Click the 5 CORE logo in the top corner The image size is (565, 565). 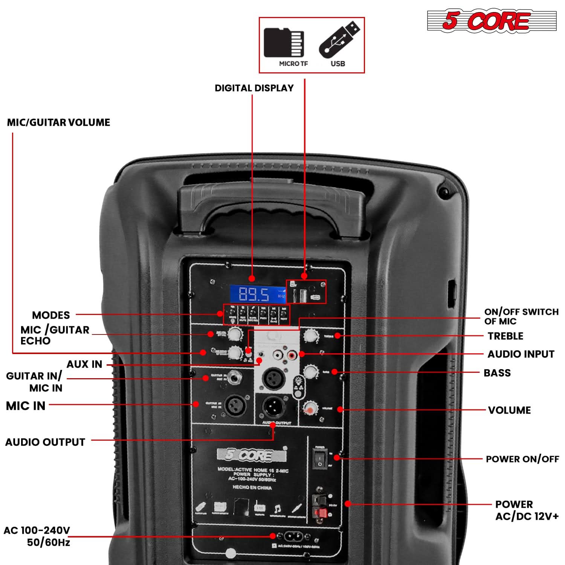491,21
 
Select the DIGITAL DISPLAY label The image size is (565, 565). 254,88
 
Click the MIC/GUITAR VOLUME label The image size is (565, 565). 59,122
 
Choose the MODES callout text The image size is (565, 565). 51,315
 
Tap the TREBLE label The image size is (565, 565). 505,336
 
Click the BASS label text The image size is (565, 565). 497,373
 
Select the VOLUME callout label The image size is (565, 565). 509,410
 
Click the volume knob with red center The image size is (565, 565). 310,408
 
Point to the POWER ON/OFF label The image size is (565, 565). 522,459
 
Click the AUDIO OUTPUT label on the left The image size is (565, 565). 45,442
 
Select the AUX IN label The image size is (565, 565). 84,364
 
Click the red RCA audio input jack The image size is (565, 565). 292,354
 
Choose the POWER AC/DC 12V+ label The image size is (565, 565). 526,510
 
